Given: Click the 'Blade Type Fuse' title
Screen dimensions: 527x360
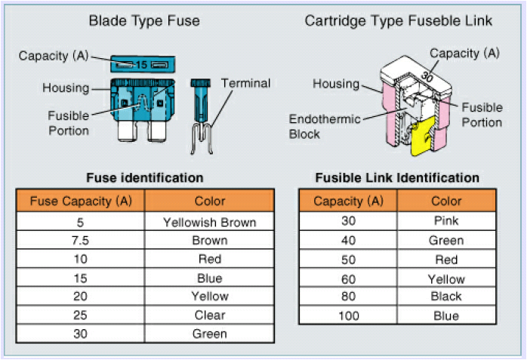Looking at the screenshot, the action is [x=144, y=21].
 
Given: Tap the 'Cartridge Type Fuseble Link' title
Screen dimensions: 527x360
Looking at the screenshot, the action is [x=399, y=21].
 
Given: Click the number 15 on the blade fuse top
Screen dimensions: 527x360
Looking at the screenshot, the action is [x=141, y=64].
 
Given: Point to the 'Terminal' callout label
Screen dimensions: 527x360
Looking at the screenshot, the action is [x=245, y=83].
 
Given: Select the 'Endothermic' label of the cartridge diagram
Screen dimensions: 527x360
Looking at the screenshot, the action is [x=325, y=119].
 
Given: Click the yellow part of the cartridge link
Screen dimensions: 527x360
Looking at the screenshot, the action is [x=423, y=136].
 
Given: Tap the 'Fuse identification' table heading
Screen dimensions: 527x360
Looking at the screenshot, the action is [x=145, y=177].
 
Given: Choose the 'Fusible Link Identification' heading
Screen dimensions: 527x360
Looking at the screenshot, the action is [x=397, y=177].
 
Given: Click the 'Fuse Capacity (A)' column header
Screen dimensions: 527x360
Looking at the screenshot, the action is [x=81, y=201].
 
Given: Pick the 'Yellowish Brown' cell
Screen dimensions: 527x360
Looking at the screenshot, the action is [x=210, y=222].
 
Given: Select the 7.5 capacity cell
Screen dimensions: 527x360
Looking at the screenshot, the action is [x=80, y=241].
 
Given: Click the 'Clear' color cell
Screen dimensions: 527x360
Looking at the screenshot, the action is [x=210, y=315].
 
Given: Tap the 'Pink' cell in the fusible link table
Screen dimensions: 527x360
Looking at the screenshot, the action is [x=446, y=220].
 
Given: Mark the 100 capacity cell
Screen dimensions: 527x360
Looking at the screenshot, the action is [x=349, y=315].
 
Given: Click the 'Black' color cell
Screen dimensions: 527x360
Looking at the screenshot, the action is [x=446, y=296].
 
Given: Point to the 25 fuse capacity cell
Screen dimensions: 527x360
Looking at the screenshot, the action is [x=80, y=315].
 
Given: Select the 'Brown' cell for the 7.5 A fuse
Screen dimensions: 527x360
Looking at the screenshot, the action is [x=210, y=241].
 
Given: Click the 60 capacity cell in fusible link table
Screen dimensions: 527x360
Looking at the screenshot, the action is [x=349, y=279].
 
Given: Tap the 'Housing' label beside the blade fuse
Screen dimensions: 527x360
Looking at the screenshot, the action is [x=66, y=88].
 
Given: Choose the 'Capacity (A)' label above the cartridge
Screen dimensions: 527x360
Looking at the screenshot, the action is [x=464, y=53].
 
